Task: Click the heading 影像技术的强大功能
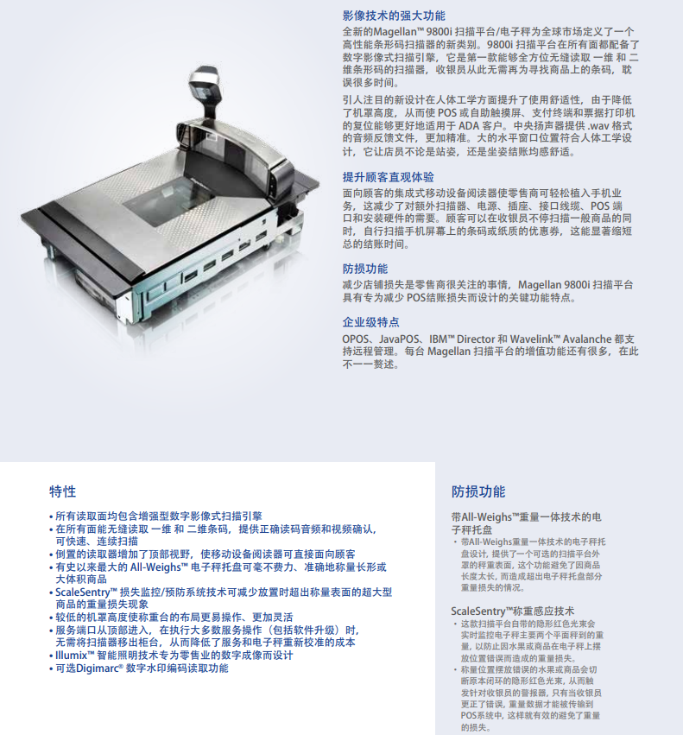coord(394,16)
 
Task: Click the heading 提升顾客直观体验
coord(389,177)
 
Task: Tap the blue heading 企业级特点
coord(370,322)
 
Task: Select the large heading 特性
coord(62,491)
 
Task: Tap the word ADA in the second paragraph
coord(468,125)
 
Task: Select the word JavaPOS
coord(396,339)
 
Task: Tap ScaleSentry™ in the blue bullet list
coord(85,592)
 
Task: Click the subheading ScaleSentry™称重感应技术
coord(512,611)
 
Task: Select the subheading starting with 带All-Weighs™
coord(526,523)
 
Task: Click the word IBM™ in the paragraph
coord(442,339)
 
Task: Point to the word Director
coord(476,339)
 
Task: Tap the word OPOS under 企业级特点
coord(355,339)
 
